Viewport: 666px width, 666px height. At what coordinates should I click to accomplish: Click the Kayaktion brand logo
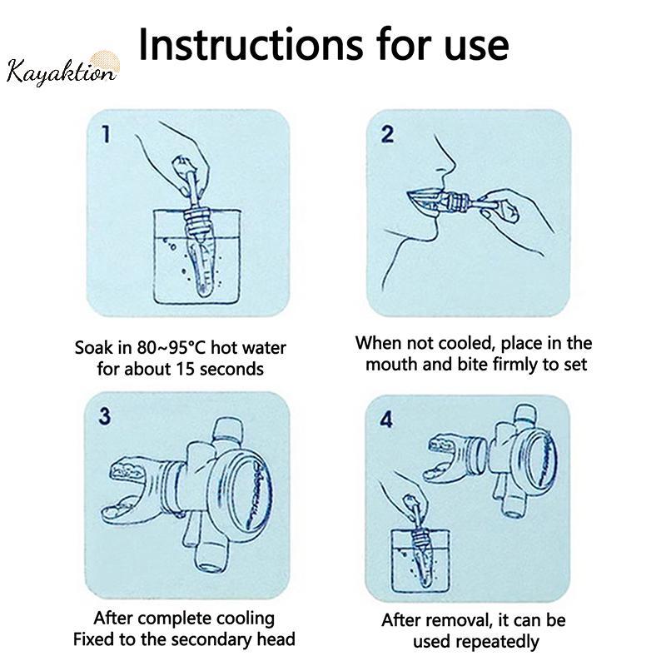click(x=62, y=70)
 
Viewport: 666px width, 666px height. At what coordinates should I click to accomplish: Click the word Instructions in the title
click(x=251, y=45)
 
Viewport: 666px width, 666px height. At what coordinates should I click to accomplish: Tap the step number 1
click(x=107, y=134)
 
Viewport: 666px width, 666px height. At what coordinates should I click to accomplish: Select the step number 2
click(x=387, y=134)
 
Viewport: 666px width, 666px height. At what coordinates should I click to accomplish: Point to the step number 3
click(x=105, y=415)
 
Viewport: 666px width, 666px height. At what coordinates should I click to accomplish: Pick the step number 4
click(x=386, y=420)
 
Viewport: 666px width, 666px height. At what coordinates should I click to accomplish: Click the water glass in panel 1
click(x=196, y=256)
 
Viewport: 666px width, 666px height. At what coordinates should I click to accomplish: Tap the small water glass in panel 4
click(x=420, y=560)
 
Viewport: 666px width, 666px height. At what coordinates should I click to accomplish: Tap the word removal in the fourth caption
click(x=460, y=620)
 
